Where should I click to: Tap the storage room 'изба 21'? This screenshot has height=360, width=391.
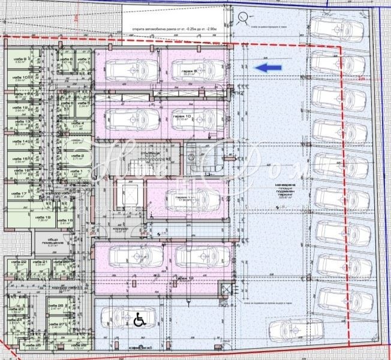pos(40,264)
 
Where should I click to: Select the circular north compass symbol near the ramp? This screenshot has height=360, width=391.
pos(243,18)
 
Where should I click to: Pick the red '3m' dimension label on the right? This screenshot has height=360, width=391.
pos(360,78)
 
